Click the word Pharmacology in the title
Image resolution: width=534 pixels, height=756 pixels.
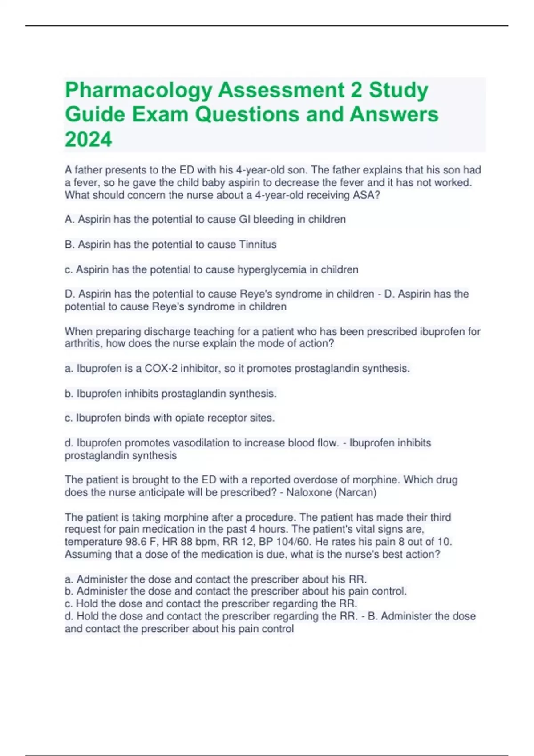138,90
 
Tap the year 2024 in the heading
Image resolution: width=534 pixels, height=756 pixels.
89,139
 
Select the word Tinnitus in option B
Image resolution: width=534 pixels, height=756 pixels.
258,244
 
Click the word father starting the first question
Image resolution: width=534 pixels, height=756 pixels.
88,170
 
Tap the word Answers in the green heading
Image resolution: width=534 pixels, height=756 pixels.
394,115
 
